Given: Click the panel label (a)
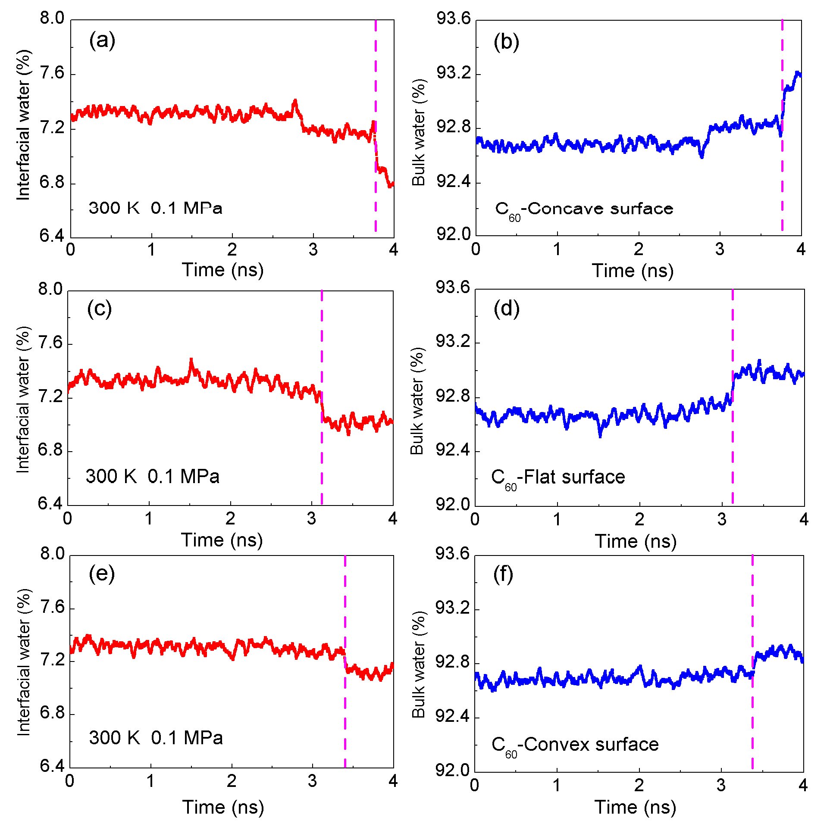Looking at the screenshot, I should point(102,41).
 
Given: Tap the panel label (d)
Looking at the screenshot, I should point(506,309).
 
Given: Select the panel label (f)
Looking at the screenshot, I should point(503,575).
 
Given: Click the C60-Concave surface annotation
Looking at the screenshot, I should point(584,209).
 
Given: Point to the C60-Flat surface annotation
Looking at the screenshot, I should point(558,477).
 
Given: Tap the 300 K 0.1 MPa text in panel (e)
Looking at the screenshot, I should point(156,738).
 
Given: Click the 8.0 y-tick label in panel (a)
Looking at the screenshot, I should point(52,19).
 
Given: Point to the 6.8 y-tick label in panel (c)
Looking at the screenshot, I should point(51,450).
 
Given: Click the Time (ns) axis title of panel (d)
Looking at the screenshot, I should point(636,541).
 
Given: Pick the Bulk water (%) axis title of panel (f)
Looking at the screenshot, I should point(418,664).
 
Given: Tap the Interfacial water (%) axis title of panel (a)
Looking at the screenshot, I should point(24,125).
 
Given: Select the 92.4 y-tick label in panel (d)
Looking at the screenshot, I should point(453,450).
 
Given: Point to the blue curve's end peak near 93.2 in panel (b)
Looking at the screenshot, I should point(798,73).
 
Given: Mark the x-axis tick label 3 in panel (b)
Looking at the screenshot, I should point(720,250).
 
